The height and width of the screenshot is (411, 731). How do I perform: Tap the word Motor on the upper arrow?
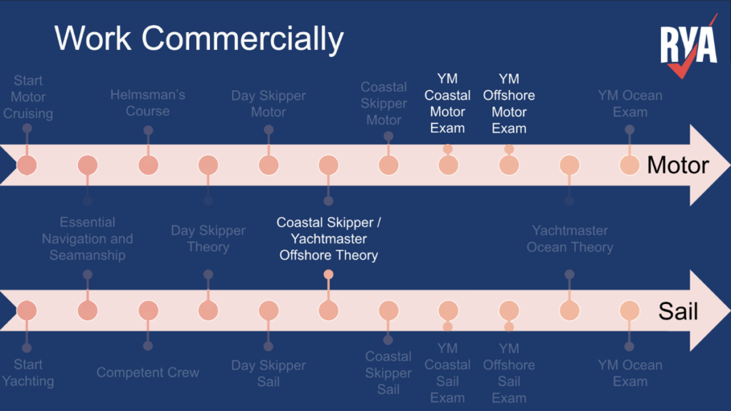pos(677,166)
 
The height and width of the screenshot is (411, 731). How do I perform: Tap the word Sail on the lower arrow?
pos(677,311)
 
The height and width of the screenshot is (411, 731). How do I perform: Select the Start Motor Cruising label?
pos(28,97)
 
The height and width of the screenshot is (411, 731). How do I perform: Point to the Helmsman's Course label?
pos(148,103)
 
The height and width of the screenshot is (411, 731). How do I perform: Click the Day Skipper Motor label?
pos(268,104)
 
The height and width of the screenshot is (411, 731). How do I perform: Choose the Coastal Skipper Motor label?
pos(383,103)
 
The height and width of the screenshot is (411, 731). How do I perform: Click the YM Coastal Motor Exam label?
pos(448,103)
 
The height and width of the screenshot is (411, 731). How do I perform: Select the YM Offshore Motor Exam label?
pos(509,103)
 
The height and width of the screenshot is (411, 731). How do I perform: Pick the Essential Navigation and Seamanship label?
pos(87,239)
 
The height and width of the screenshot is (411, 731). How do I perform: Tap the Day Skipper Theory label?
pos(208,239)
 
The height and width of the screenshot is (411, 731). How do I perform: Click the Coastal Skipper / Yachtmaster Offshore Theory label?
pos(328,239)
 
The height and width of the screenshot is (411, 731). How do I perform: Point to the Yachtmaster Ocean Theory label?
pos(570,239)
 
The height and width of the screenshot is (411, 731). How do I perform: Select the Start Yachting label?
pos(28,373)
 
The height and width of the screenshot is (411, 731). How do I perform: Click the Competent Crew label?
pos(148,372)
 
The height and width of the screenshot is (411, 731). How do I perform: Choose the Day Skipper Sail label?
pos(268,373)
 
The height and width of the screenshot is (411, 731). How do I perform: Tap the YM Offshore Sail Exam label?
pos(509,373)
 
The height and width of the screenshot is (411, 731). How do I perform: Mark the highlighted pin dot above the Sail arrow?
pos(328,275)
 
